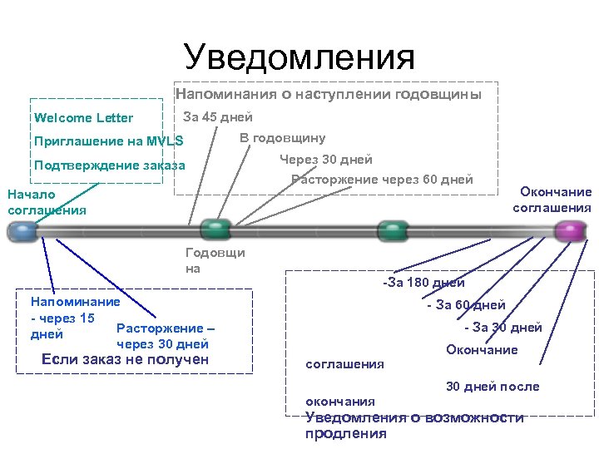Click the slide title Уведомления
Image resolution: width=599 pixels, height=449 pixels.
point(299,57)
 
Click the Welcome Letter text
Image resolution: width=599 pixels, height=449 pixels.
point(83,118)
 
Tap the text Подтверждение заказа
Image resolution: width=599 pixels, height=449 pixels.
point(109,165)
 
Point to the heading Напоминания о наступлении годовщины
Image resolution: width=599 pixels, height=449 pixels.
point(329,95)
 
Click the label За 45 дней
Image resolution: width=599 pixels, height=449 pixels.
point(217,117)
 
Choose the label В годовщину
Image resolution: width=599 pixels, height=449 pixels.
point(282,138)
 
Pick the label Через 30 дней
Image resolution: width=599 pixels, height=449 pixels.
point(326,160)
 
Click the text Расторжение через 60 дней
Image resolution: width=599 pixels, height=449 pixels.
point(382,180)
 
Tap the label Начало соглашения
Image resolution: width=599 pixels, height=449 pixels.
point(46,202)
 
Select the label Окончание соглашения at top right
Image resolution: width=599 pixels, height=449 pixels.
point(552,200)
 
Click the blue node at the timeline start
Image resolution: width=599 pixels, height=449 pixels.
point(22,232)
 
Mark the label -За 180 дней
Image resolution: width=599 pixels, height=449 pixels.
point(423,284)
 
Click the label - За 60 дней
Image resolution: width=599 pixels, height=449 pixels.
point(465,305)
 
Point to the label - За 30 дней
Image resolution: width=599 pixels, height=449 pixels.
point(502,328)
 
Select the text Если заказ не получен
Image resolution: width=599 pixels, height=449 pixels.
point(125,360)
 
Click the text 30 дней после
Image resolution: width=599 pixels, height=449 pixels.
point(493,387)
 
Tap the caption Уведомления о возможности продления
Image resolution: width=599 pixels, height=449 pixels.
point(414,425)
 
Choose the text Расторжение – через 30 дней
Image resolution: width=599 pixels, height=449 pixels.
point(166,336)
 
